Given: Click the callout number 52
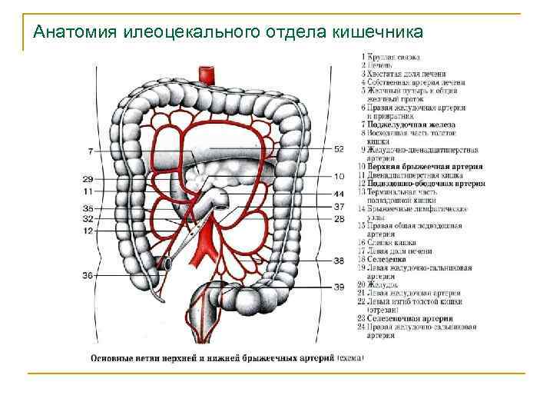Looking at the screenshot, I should (x=339, y=149).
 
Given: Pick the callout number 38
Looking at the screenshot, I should (x=339, y=261).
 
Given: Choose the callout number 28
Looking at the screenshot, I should (x=339, y=220).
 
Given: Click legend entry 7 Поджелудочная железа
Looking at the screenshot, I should (x=411, y=124).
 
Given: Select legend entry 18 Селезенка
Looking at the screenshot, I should (x=390, y=260).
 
